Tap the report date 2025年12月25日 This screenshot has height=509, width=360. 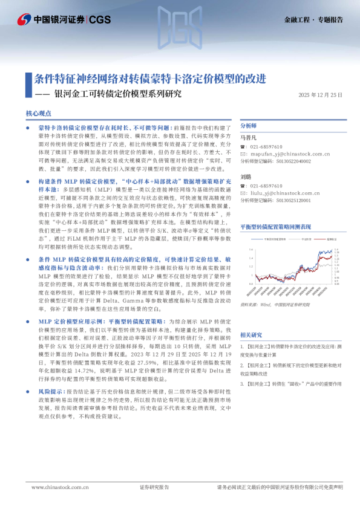320,95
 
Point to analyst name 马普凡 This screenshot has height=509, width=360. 249,138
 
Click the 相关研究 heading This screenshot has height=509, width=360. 251,334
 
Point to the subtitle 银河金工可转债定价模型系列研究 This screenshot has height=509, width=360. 117,94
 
